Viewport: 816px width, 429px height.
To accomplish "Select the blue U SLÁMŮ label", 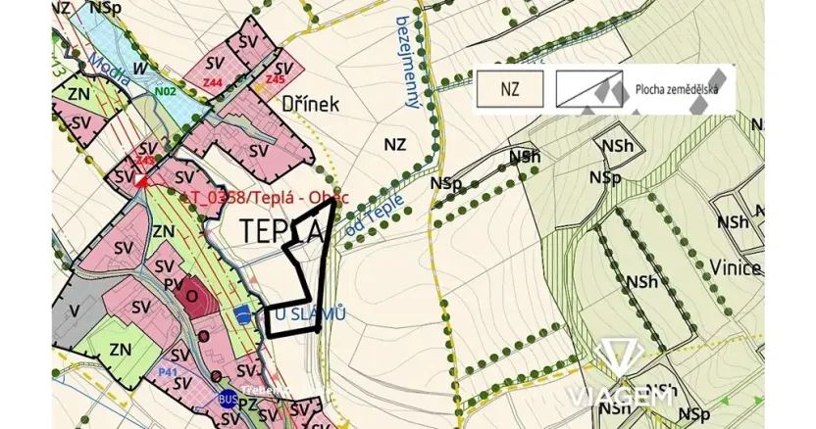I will pyautogui.click(x=311, y=313).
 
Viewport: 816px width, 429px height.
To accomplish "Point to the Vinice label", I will pyautogui.click(x=739, y=267).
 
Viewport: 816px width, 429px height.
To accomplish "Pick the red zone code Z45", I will pyautogui.click(x=275, y=78).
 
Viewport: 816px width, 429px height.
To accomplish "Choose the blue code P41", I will pyautogui.click(x=167, y=372).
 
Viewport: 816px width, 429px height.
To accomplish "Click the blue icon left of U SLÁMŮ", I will pyautogui.click(x=242, y=313).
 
